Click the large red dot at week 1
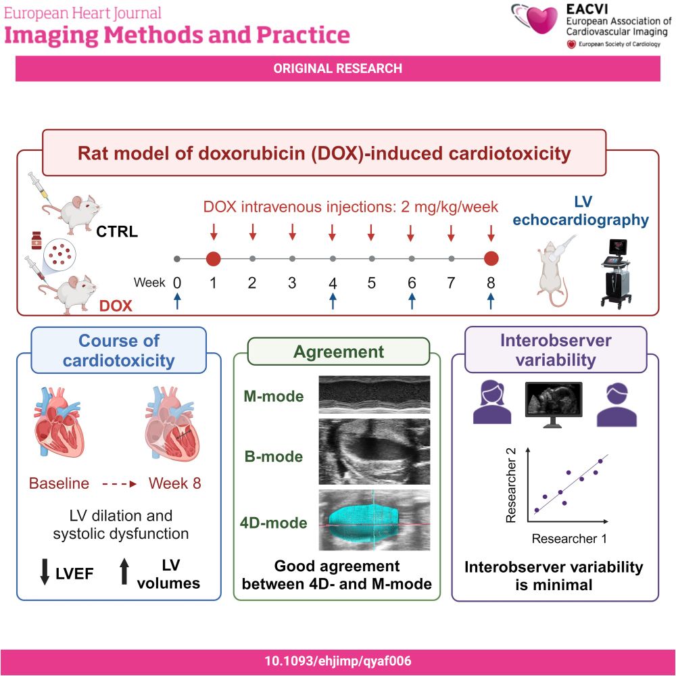coord(214,259)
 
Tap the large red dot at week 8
coord(491,259)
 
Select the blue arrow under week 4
coord(333,301)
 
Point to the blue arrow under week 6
coord(412,301)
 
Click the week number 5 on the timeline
coord(372,283)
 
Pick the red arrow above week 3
coord(293,232)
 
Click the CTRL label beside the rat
coord(117,231)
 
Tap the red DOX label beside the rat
coord(116,306)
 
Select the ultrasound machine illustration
coord(617,273)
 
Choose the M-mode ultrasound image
coord(375,395)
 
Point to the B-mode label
coord(274,456)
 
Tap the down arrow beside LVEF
coord(45,572)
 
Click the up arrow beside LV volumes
coord(124,572)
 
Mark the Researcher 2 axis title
coord(511,485)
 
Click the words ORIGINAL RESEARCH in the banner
coord(337,68)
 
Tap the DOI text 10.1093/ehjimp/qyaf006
coord(338,661)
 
